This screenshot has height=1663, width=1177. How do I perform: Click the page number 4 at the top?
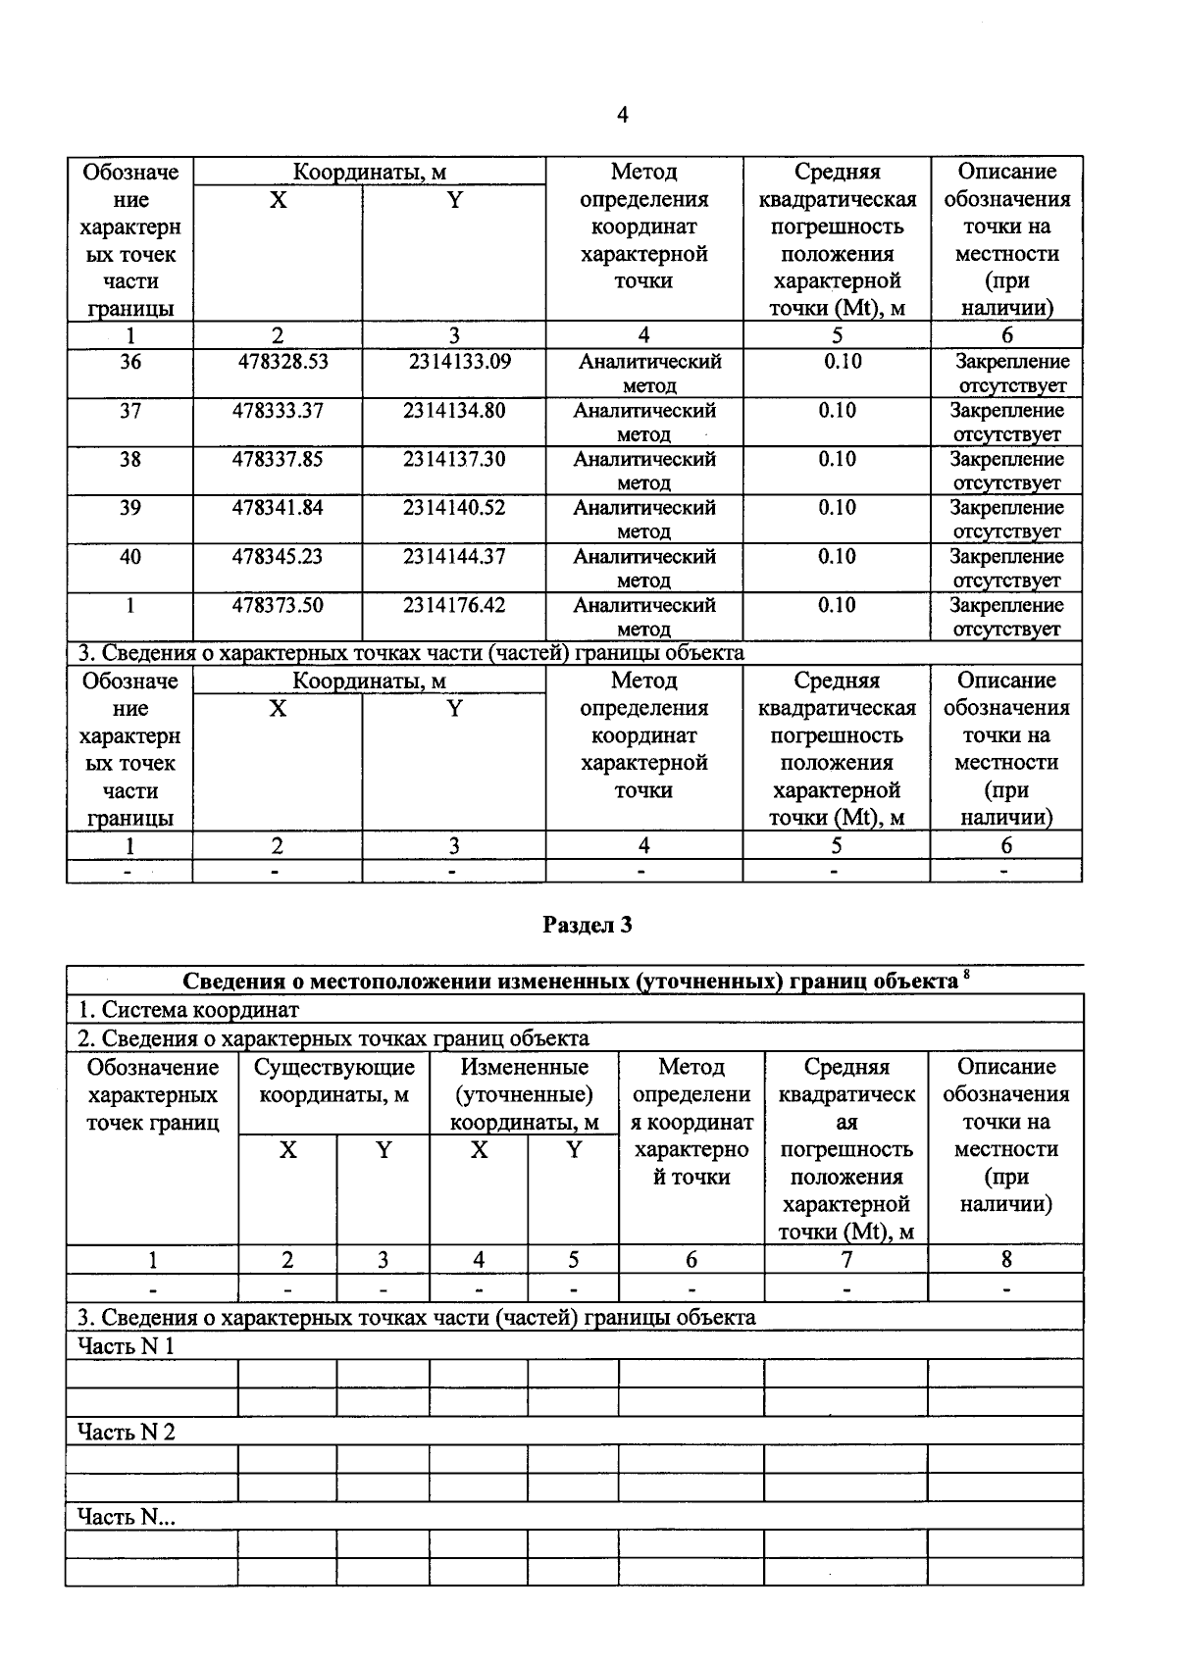pos(622,116)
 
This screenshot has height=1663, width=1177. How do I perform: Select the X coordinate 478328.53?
pos(282,362)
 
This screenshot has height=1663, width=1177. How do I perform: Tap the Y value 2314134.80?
pos(454,411)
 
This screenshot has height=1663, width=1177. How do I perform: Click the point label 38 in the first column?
pos(130,459)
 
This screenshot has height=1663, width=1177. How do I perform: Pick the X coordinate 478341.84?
pos(278,508)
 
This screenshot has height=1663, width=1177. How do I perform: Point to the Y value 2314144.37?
pos(454,557)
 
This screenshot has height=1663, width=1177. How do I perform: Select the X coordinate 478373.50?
pos(278,606)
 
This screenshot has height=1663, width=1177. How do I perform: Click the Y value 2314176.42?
pos(454,606)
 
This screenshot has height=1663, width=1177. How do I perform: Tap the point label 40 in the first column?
pos(130,557)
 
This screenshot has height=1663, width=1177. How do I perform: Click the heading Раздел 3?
pos(588,925)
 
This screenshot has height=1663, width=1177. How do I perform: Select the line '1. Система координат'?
pos(188,1010)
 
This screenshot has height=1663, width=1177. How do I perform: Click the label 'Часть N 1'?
pos(126,1346)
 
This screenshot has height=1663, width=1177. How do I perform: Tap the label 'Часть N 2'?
pos(126,1433)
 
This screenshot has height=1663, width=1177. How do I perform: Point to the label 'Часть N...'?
pos(127,1518)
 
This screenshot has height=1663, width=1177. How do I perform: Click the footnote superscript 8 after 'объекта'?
pos(966,975)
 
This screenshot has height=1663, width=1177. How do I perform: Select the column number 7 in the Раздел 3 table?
pos(846,1260)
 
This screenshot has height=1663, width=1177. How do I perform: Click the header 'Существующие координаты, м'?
pos(334,1081)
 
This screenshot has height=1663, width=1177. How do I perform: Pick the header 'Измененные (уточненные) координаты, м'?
pos(525,1094)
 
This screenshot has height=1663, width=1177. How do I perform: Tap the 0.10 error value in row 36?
pos(843,362)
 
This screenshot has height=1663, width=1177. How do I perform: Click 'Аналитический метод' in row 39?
pos(644,519)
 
